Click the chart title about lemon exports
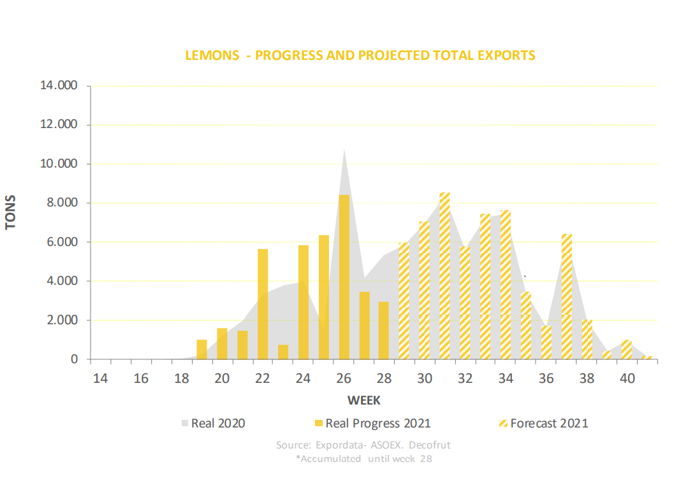point(360,55)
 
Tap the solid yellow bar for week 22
point(263,305)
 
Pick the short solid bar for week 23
point(283,352)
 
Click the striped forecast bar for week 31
point(445,276)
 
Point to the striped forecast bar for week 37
point(567,297)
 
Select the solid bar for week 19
point(201,350)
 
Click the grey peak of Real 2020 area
point(344,153)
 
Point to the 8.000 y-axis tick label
point(62,203)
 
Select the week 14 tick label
point(100,378)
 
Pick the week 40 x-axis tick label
point(628,378)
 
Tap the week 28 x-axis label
point(384,378)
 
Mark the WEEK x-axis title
point(364,400)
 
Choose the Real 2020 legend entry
point(214,423)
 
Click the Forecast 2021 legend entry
point(541,423)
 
